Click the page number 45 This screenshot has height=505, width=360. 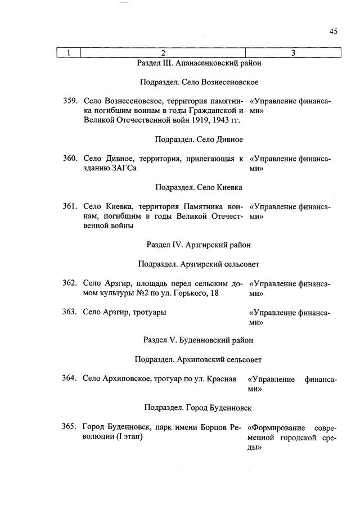coord(333,32)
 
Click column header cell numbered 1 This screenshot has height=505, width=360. coord(69,53)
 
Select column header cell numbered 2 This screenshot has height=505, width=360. coord(163,53)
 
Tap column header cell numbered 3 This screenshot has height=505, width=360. coord(293,53)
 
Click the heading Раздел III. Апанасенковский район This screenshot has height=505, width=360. coord(199,63)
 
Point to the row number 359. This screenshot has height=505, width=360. coord(70,101)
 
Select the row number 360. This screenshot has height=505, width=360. coord(70,159)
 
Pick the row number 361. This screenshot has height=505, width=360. coord(70,206)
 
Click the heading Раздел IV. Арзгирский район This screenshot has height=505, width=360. coord(199,245)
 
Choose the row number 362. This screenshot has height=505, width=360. coord(70,283)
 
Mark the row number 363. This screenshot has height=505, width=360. coord(70,312)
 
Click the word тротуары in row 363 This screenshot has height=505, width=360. coord(149,312)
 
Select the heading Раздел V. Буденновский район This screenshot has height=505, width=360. coord(199,340)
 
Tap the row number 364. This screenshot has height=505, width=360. coord(70,378)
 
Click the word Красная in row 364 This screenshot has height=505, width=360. coord(222,378)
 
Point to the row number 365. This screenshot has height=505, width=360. coord(70,426)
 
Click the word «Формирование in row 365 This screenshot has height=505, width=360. coord(272,427)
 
